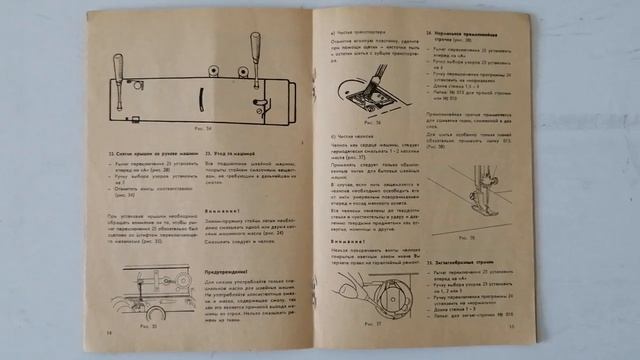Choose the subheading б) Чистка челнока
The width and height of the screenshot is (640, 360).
point(351,137)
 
